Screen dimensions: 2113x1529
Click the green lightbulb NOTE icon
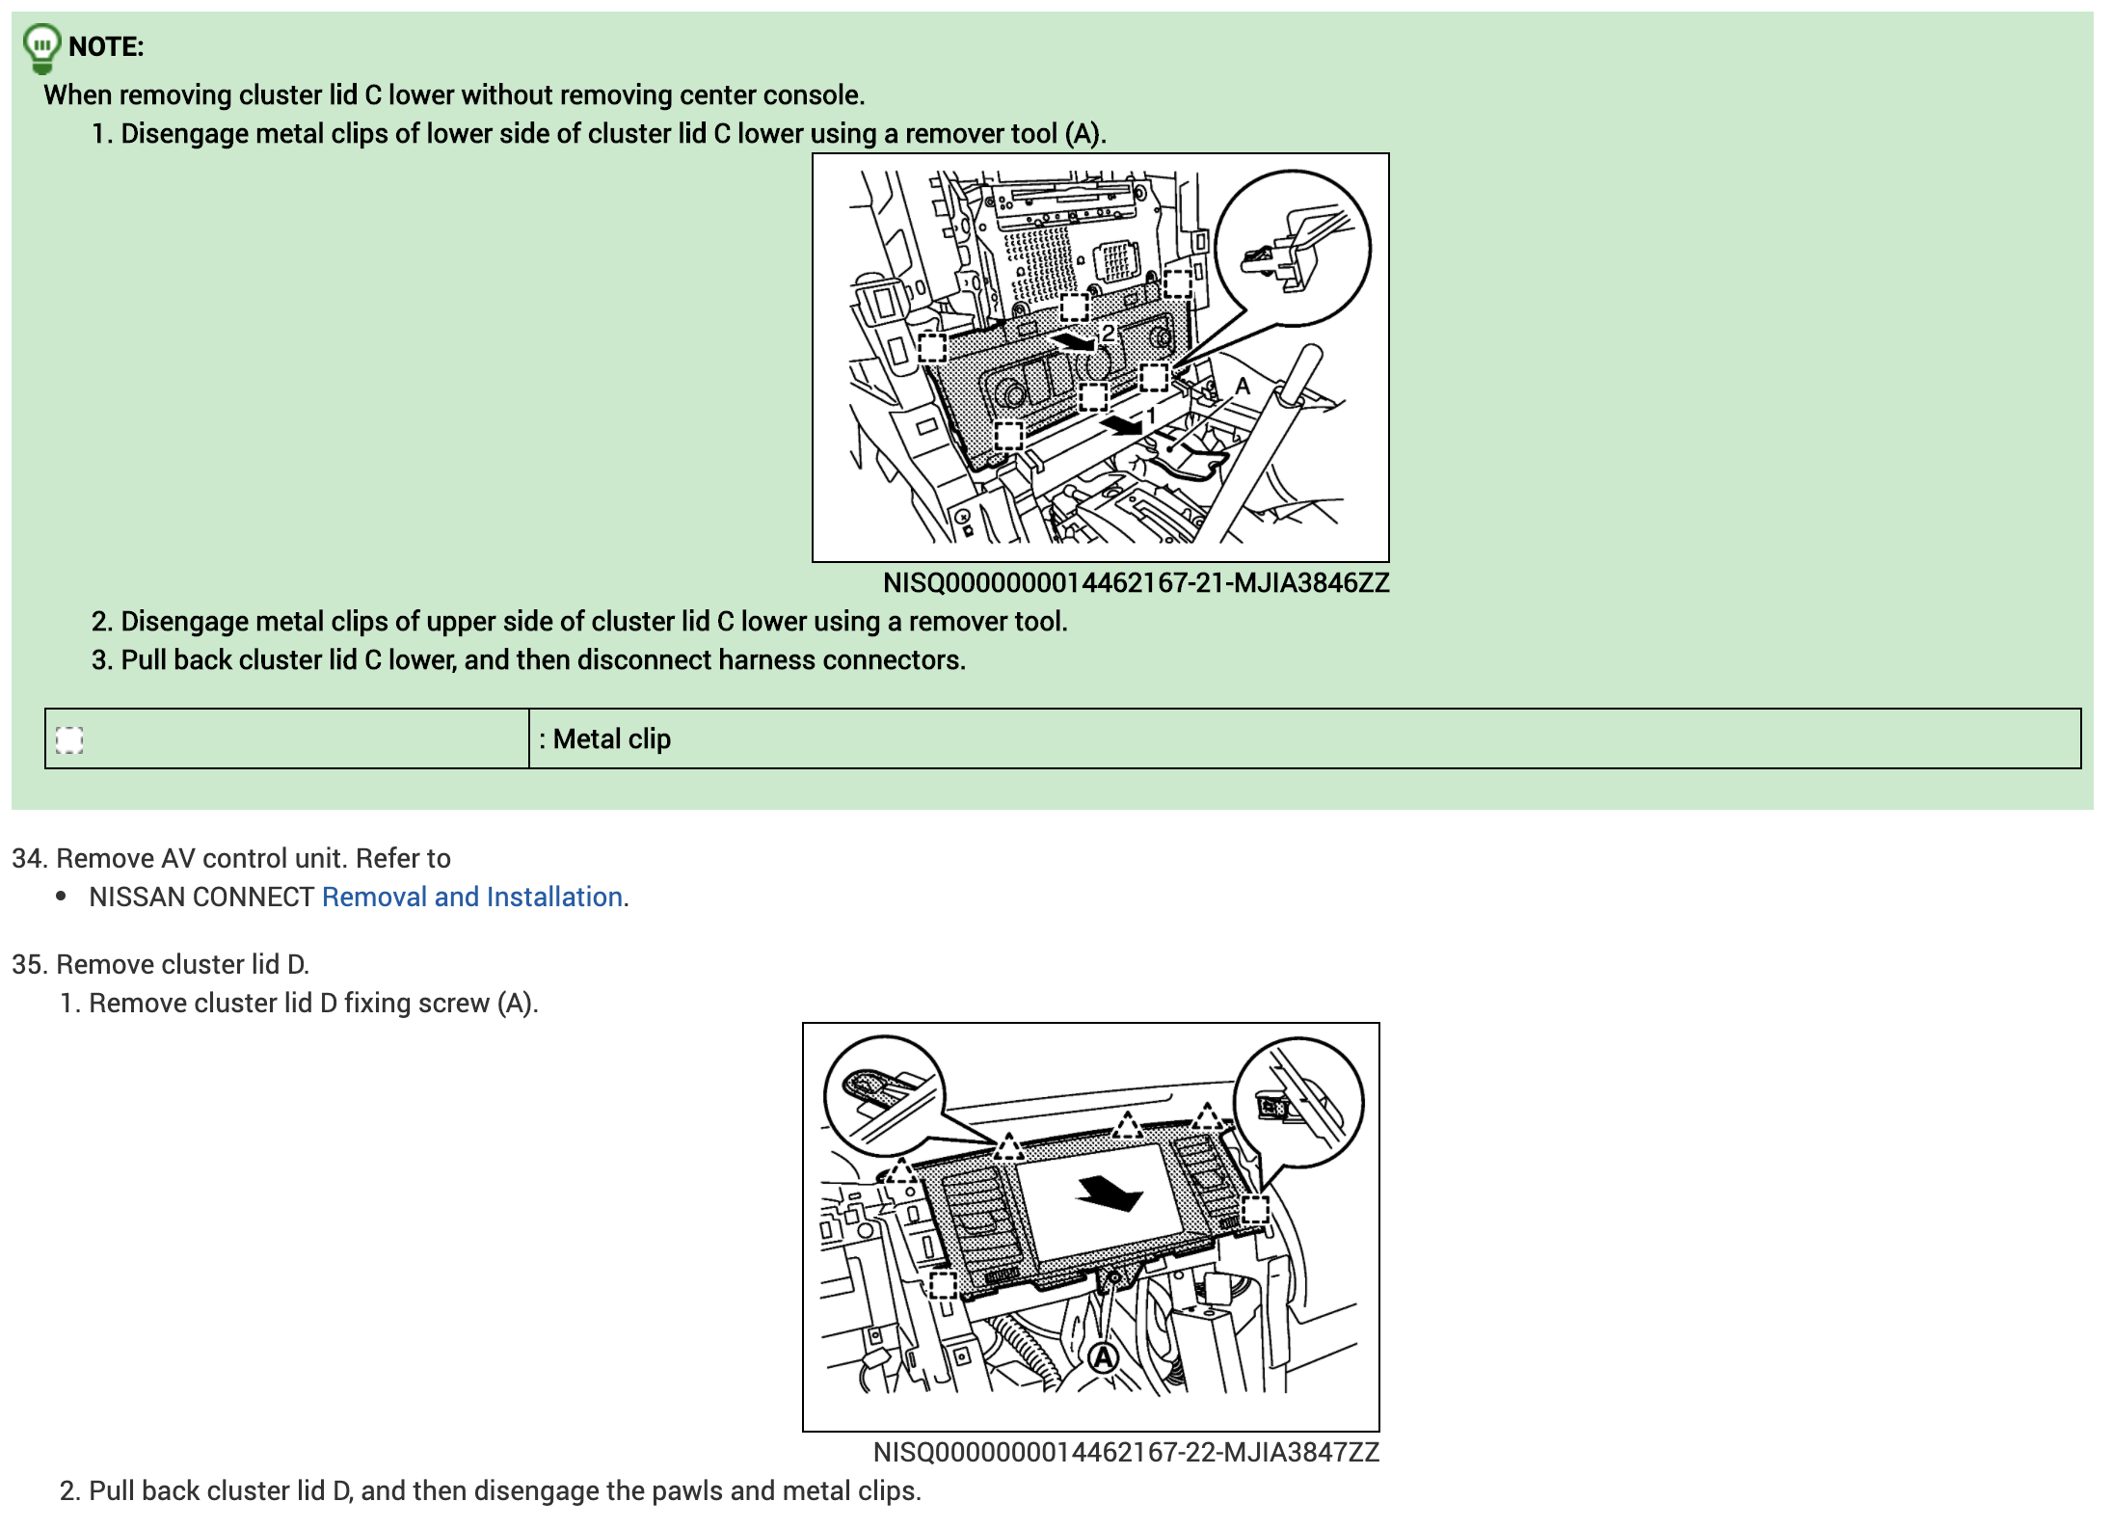tap(41, 48)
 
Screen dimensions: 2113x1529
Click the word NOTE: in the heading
tap(106, 46)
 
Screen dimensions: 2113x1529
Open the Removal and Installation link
tap(472, 898)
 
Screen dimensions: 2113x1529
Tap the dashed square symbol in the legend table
tap(69, 739)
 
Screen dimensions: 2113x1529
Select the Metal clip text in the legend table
tap(612, 739)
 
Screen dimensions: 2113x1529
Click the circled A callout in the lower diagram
tap(1103, 1358)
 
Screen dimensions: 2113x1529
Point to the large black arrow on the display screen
tap(1110, 1194)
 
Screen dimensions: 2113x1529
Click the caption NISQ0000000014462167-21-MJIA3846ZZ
tap(1137, 583)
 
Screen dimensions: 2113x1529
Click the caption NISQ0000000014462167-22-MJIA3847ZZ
tap(1127, 1453)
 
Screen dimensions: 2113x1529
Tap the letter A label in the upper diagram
tap(1243, 387)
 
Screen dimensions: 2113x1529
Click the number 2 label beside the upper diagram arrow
tap(1109, 334)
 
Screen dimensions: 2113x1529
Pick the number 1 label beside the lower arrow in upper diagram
tap(1150, 416)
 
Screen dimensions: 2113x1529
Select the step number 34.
tap(28, 859)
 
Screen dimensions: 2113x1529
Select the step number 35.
tap(28, 965)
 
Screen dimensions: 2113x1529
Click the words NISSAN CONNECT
tap(201, 898)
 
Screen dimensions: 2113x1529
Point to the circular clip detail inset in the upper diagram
tap(1293, 248)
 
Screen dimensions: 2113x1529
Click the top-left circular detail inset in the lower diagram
tap(884, 1095)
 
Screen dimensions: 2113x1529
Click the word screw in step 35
tap(453, 1004)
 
